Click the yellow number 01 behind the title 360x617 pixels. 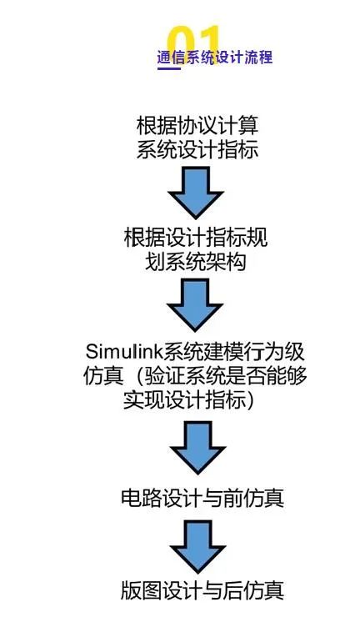[x=193, y=43]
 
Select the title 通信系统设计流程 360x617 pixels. [x=215, y=57]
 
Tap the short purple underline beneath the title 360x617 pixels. [x=169, y=68]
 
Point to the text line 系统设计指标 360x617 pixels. [x=197, y=150]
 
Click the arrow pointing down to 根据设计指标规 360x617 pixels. [x=196, y=192]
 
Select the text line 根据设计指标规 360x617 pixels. [x=196, y=238]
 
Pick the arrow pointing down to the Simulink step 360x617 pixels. [x=195, y=304]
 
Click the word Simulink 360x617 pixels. [x=124, y=351]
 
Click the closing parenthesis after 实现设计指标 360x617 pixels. [x=249, y=399]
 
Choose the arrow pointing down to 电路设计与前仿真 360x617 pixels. [x=197, y=448]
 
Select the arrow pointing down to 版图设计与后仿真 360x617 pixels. [x=197, y=547]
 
